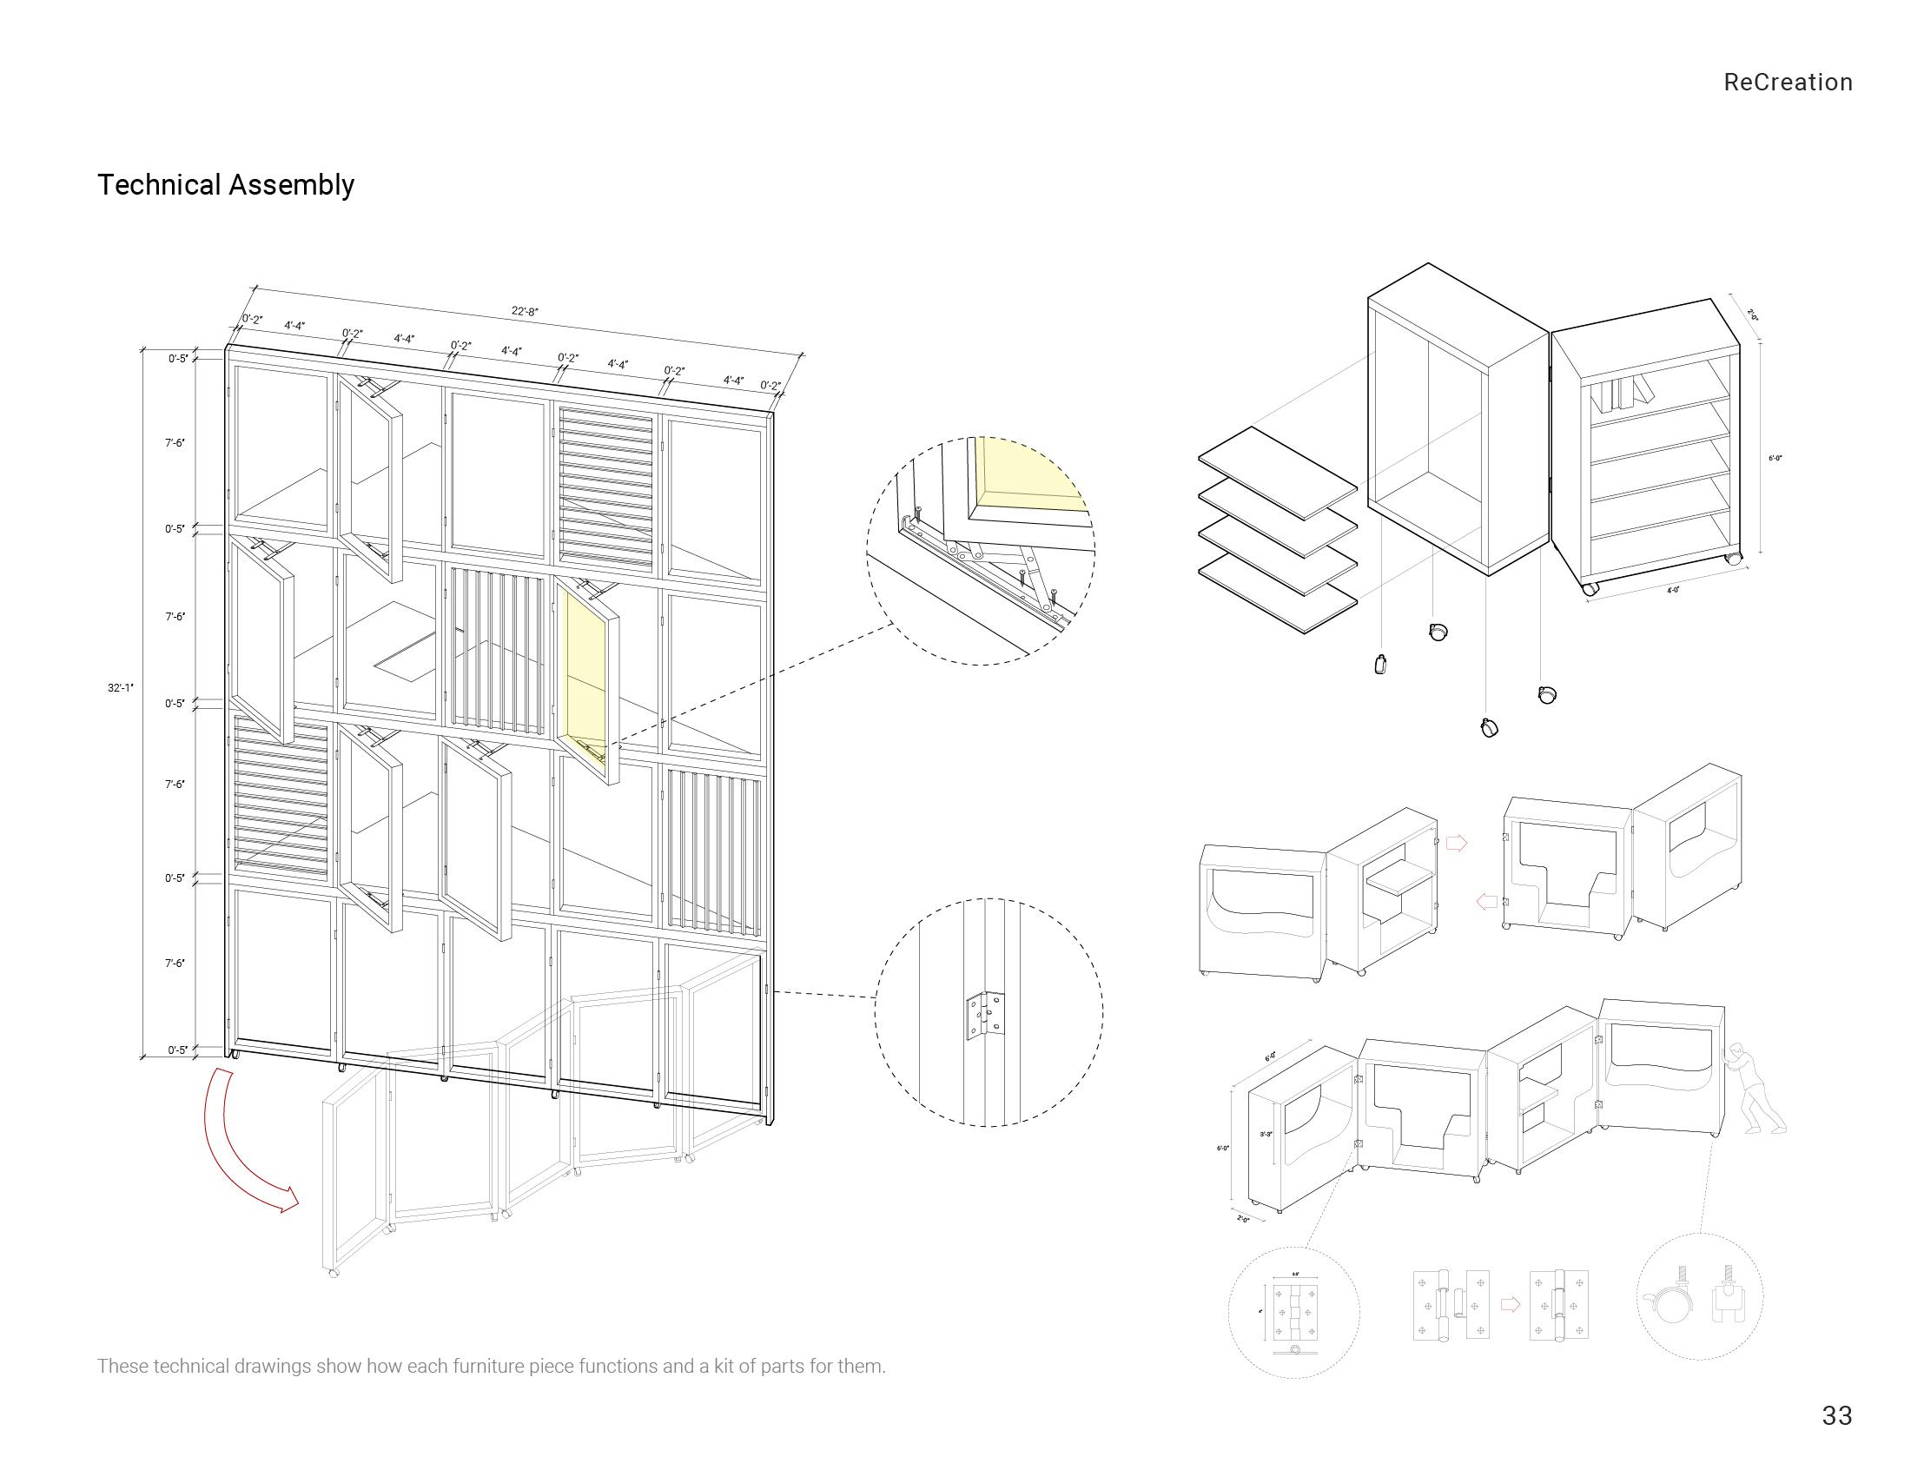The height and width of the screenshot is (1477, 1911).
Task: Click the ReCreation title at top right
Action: pos(1788,83)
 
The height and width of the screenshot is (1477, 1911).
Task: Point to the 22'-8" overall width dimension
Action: pos(525,311)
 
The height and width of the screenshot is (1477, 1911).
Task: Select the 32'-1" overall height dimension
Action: pos(120,688)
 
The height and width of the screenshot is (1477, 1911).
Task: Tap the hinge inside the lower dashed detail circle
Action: pos(983,1016)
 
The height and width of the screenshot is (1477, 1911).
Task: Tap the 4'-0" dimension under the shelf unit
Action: pos(1673,590)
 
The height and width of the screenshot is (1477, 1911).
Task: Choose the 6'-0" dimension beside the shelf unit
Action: pos(1775,458)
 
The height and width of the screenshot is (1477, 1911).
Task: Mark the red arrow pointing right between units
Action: pos(1456,844)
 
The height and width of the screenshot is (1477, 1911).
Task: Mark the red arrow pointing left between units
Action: pos(1485,901)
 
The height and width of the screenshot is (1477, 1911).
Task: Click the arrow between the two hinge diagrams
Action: pos(1511,1304)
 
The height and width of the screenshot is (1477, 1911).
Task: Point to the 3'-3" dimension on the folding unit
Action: pos(1266,1134)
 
